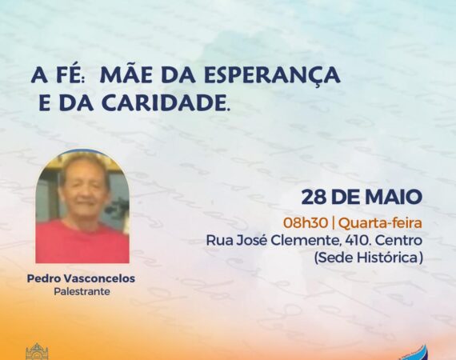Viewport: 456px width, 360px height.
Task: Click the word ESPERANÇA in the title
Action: (x=272, y=76)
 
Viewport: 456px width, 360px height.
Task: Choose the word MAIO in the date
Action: (x=394, y=197)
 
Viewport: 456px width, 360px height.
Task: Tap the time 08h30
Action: (x=306, y=223)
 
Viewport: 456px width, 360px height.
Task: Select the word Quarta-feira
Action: (x=381, y=223)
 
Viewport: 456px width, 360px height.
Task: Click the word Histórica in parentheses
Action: (x=390, y=258)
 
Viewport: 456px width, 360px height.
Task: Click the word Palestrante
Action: (x=82, y=291)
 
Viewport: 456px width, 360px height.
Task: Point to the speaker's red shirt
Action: (x=82, y=243)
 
